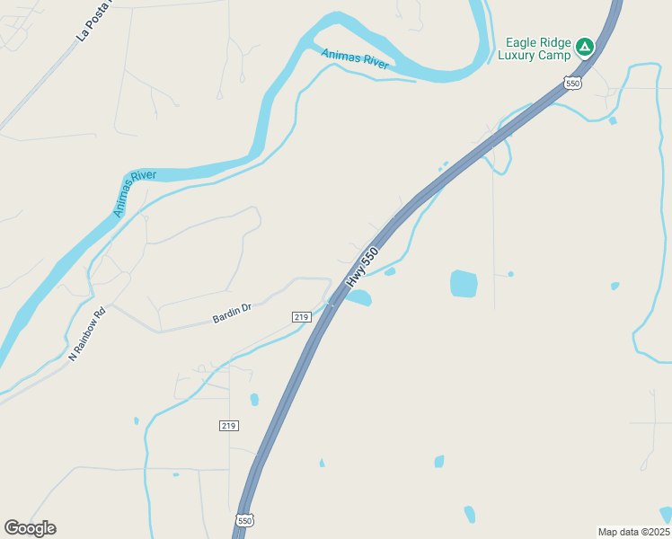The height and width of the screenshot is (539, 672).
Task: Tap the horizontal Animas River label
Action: [356, 59]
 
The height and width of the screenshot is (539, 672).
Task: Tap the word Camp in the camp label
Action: [555, 56]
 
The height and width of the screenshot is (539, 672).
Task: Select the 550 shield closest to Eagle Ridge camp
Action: [573, 84]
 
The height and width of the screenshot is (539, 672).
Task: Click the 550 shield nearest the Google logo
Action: [244, 520]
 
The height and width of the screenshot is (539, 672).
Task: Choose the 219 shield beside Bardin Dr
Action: [302, 317]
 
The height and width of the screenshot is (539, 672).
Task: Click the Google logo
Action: [30, 528]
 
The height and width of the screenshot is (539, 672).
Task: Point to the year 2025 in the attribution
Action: [656, 531]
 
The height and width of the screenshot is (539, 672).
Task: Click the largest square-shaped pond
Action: [464, 284]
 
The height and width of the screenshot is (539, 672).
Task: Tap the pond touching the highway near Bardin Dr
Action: [358, 297]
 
